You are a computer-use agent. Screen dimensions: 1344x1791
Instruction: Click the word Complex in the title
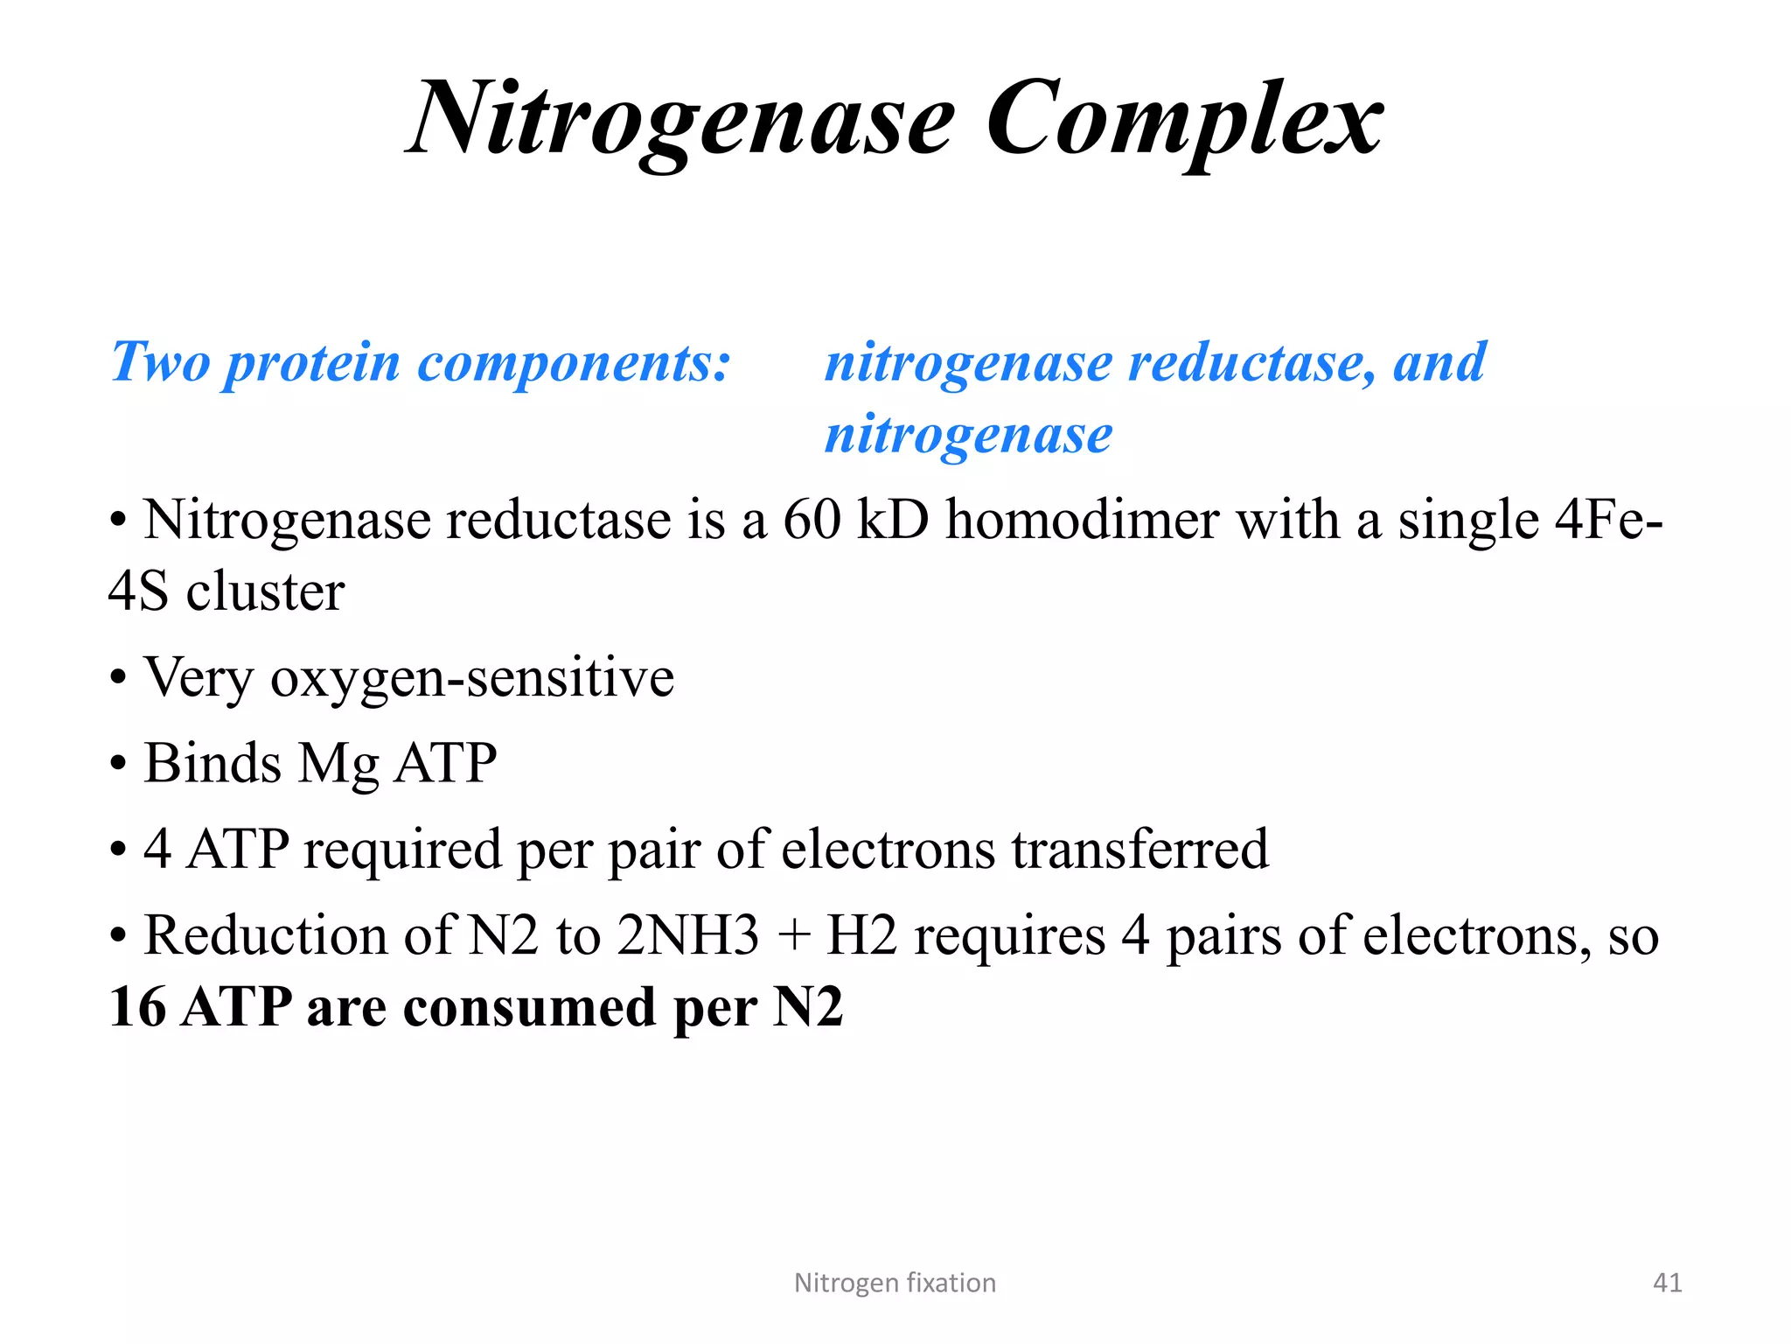coord(1185,119)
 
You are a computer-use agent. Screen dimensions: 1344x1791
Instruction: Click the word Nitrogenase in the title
coord(682,119)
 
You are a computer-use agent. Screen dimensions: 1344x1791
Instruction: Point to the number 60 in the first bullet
coord(811,520)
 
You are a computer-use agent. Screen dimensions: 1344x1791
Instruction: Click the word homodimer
coord(1082,520)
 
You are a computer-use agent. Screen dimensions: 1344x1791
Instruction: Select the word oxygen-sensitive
coord(472,678)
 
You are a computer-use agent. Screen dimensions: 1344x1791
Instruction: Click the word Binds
coord(213,763)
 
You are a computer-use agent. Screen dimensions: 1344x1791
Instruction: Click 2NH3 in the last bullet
coord(687,934)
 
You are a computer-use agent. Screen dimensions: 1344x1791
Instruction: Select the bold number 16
coord(137,1006)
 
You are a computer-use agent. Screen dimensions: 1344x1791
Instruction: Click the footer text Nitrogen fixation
coord(895,1283)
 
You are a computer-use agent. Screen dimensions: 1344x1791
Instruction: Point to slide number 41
coord(1667,1283)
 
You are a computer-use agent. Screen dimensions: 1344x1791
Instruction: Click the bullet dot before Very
coord(118,678)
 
